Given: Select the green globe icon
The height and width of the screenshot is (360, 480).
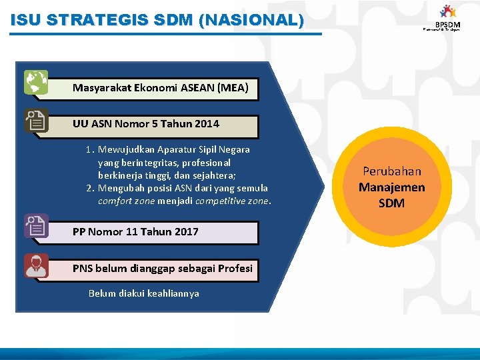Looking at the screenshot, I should click(x=36, y=82).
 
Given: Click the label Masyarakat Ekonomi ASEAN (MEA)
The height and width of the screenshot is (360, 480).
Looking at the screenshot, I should click(x=160, y=88).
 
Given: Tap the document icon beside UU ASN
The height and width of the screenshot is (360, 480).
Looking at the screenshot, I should click(x=36, y=121).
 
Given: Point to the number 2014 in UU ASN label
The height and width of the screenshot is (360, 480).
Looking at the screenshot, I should click(x=207, y=124).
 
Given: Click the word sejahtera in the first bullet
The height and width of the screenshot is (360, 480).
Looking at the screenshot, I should click(x=225, y=175).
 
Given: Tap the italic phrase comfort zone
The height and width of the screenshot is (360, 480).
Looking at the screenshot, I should click(x=126, y=201).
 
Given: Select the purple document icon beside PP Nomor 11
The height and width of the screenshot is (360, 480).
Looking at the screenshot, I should click(x=36, y=226).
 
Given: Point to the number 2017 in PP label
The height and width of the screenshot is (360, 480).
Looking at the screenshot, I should click(x=186, y=232).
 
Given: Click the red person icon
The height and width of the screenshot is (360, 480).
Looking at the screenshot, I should click(x=36, y=265).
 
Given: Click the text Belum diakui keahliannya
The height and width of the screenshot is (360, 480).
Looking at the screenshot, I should click(x=144, y=293).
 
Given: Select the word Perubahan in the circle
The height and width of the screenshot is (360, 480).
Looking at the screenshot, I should click(x=392, y=171).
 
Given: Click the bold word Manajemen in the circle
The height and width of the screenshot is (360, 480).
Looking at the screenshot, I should click(x=392, y=187).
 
